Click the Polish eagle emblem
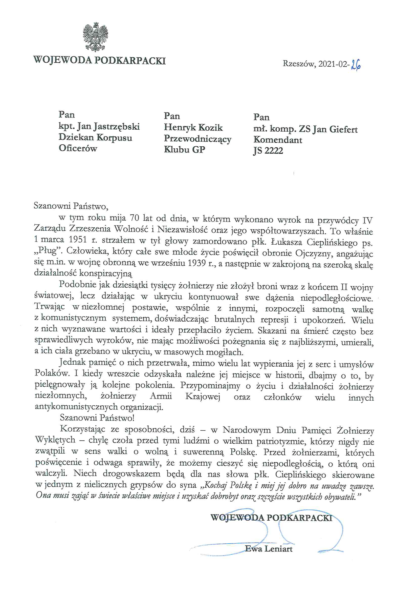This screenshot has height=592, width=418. (95, 37)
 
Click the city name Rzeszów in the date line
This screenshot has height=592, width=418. (299, 63)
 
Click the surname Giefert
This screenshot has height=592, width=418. (343, 129)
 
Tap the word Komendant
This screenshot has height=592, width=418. (278, 140)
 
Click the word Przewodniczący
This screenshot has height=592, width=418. (197, 139)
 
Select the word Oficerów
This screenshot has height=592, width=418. (78, 148)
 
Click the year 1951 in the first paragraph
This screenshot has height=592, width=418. (78, 240)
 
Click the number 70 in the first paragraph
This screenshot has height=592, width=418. (134, 218)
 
